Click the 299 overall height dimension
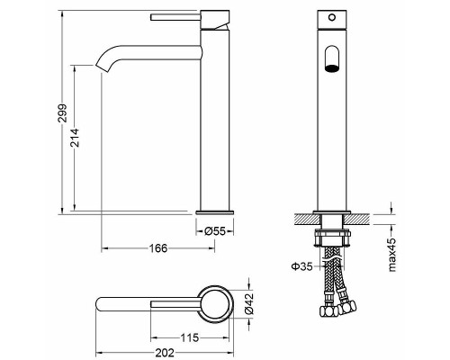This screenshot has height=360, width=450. pos(62,113)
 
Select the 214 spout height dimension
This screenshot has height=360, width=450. pos(75,138)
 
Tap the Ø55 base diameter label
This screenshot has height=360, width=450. pos(214,231)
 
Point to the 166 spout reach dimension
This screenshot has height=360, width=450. pos(158,248)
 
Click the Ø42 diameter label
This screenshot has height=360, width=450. pos(249,303)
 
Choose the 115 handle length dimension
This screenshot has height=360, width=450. pos(190,338)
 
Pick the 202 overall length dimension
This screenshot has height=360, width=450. pos(165,353)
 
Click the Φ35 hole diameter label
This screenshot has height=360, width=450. pos(302,266)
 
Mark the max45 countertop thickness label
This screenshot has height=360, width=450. pos(392,255)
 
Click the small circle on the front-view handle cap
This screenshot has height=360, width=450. pos(332,17)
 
